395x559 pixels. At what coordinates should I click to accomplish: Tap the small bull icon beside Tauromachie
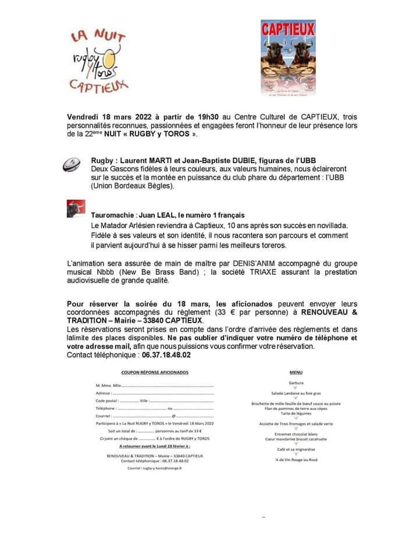[76, 208]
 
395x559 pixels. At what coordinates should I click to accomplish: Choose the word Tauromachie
[112, 215]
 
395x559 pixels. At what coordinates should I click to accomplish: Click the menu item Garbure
[296, 383]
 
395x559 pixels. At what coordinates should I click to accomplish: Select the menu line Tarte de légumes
[296, 413]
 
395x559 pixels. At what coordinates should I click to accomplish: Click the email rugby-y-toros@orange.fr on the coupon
[155, 468]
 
